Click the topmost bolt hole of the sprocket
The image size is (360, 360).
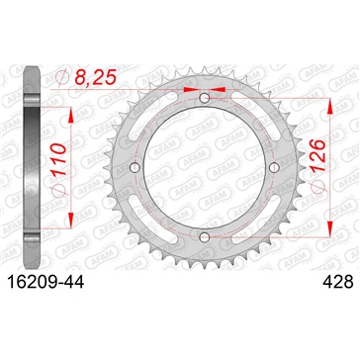[x=205, y=98]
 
